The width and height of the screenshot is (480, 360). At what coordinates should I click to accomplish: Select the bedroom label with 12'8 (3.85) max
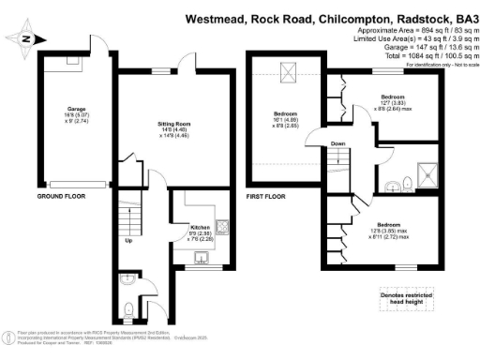393,228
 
